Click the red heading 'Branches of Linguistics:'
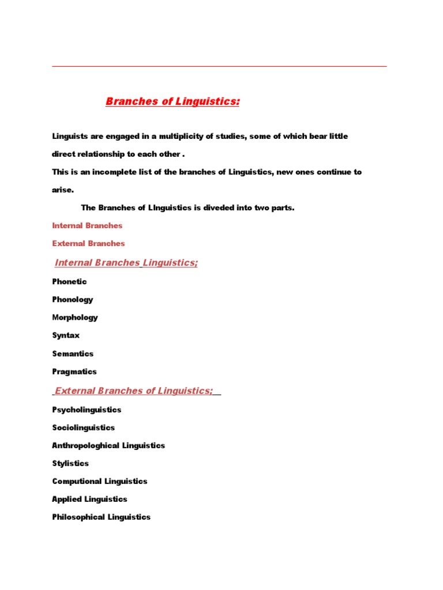click(x=172, y=102)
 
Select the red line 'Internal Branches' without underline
click(x=87, y=226)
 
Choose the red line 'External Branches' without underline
click(x=88, y=244)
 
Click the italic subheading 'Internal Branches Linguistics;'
click(x=126, y=263)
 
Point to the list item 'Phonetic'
click(x=69, y=282)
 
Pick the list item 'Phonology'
click(x=72, y=300)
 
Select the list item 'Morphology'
click(x=75, y=317)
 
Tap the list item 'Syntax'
click(x=66, y=335)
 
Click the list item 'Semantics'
click(x=73, y=354)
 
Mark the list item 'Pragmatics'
click(x=74, y=372)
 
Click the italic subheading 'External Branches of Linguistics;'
click(x=133, y=391)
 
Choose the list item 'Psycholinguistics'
click(x=87, y=410)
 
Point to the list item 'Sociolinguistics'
click(x=84, y=428)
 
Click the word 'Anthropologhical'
click(x=86, y=445)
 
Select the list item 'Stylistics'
click(x=70, y=463)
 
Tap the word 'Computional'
click(x=77, y=481)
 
